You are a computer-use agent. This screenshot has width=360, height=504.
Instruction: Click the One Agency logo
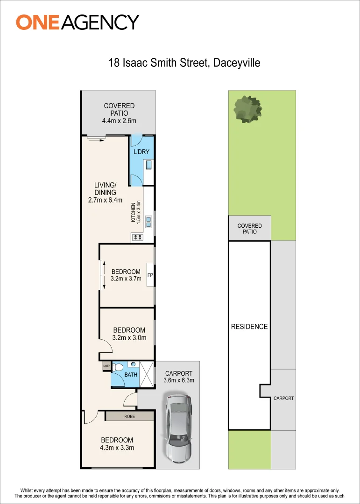tap(78, 22)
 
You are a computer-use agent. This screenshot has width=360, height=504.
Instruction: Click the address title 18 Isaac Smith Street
tap(184, 63)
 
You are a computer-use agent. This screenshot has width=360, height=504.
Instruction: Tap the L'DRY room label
tap(141, 152)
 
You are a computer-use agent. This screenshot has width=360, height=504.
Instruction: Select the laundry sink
tap(149, 165)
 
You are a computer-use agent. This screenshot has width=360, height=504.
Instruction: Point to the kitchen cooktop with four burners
tap(138, 238)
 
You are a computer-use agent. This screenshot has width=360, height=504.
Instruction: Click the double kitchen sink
tap(148, 222)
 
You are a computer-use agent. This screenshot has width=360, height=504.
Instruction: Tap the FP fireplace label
tap(150, 275)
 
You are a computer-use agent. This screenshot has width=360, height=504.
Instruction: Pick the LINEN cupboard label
tap(106, 366)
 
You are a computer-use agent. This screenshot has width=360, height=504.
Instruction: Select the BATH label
tap(131, 374)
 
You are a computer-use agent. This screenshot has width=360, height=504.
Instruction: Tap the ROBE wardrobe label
tap(130, 416)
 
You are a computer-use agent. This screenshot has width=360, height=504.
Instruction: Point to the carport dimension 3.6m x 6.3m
tap(179, 380)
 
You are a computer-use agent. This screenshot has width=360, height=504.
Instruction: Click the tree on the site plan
tap(248, 110)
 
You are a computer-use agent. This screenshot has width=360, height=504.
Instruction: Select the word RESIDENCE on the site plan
tap(249, 327)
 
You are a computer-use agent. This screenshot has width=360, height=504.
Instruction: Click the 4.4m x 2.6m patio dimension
tap(119, 121)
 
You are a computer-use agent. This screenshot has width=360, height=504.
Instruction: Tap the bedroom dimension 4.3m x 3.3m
tap(117, 448)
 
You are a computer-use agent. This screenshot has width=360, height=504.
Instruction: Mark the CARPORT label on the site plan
tap(283, 398)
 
